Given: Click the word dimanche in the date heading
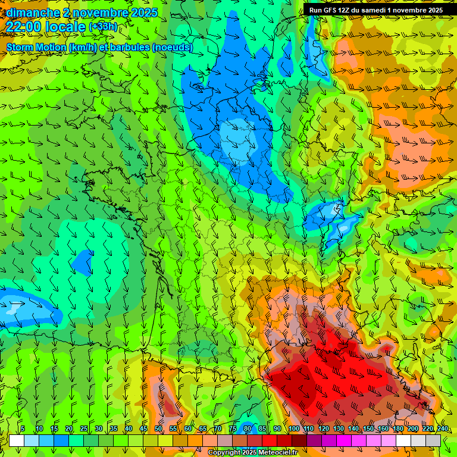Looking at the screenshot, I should pos(33,12).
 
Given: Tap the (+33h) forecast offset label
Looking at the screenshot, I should pos(103,27).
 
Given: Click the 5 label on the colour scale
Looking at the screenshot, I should pos(23,429).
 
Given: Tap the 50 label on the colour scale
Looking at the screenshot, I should pos(158,429).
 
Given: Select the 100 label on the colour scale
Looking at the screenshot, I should pos(293,429).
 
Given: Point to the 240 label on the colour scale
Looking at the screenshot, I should pos(442,429).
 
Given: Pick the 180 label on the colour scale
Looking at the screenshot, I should pos(397,429).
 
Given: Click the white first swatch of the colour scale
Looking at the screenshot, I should pos(17,440).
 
